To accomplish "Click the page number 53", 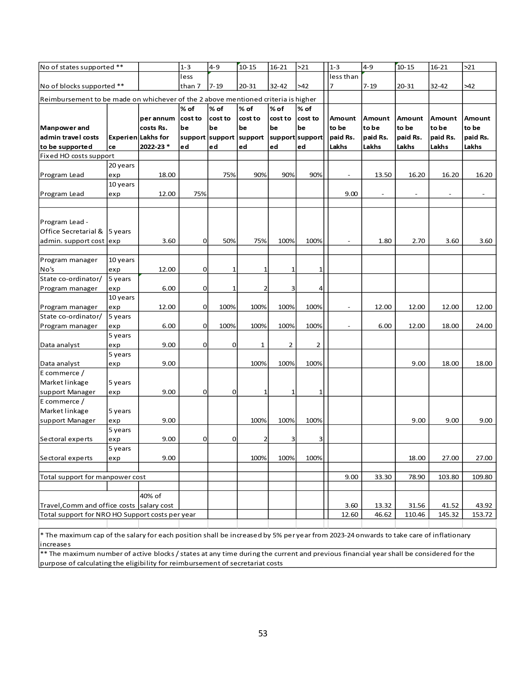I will point(263,634).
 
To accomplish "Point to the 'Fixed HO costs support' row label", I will point(77,156).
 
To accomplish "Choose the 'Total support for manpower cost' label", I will point(93,477).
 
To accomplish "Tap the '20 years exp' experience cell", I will point(122,170).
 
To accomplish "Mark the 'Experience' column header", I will point(123,142).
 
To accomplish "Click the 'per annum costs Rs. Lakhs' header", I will point(158,132).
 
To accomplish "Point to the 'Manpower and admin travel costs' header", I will point(70,137).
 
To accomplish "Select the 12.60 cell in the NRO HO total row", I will point(349,515).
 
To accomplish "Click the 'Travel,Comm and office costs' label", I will point(87,506).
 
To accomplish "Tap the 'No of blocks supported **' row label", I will point(78,86).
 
